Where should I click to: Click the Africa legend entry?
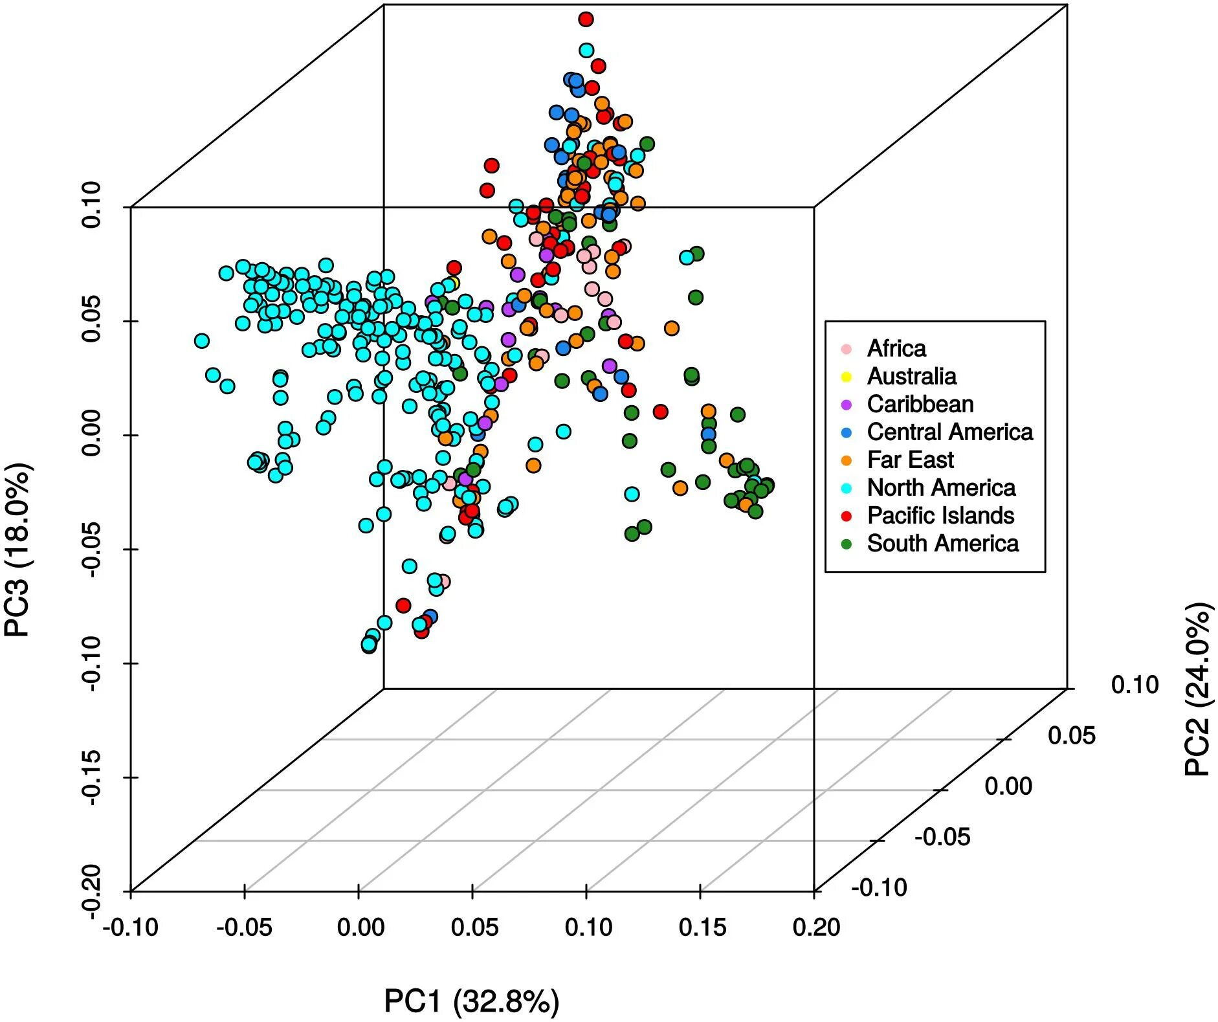(896, 348)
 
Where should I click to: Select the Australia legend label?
(911, 376)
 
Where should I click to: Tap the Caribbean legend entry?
(920, 404)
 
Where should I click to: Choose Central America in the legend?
(949, 432)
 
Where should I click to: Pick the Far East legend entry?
(910, 460)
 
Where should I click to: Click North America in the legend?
(941, 487)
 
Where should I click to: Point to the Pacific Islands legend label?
(940, 515)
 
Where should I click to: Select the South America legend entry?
(942, 543)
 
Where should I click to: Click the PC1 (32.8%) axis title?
(471, 1001)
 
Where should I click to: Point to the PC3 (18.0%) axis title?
(17, 550)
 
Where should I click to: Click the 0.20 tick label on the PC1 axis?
(816, 928)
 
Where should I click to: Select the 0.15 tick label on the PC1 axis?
(702, 928)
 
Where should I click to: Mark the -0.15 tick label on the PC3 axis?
(93, 777)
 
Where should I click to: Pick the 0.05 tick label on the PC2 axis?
(1072, 735)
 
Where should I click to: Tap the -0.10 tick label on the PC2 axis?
(878, 887)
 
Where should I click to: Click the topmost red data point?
(586, 19)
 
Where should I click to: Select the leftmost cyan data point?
(202, 340)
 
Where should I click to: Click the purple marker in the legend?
(846, 405)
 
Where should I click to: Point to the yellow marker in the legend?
(846, 377)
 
